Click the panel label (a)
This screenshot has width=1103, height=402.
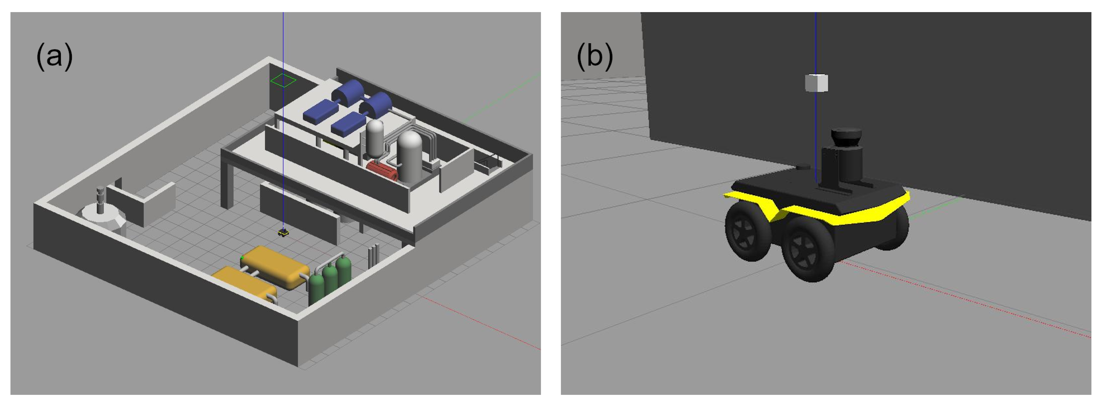tap(54, 56)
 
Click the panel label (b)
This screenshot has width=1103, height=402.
tap(595, 56)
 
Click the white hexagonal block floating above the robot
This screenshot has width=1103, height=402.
tap(816, 83)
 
